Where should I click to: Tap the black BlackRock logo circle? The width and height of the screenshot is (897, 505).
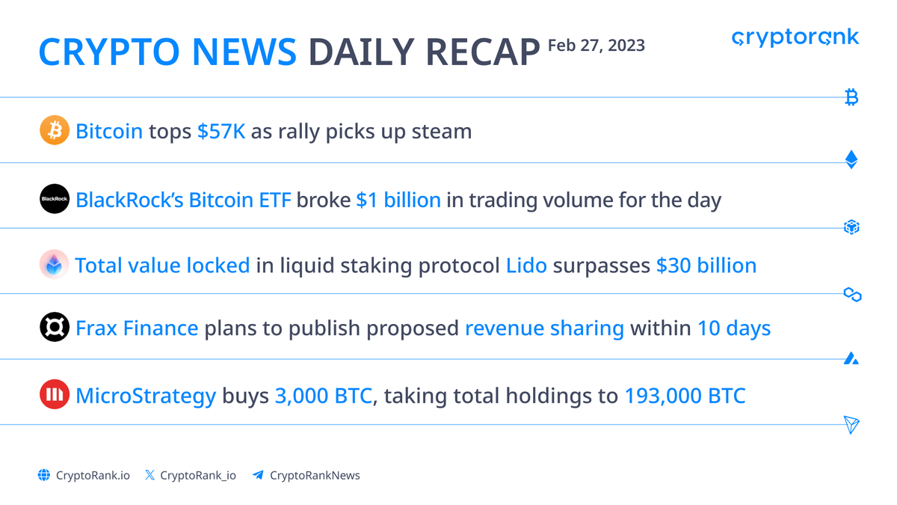click(54, 198)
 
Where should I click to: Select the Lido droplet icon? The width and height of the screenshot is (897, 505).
click(54, 265)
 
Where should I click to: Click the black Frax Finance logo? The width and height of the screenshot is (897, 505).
click(54, 328)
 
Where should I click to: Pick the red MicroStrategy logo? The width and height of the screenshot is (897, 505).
click(54, 394)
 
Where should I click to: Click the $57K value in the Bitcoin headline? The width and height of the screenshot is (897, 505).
click(221, 132)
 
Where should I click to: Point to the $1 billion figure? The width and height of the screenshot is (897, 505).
click(398, 200)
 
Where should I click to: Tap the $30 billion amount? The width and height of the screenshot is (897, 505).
click(706, 266)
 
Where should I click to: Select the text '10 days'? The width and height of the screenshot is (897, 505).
click(733, 328)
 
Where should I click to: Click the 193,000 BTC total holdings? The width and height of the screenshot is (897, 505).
click(685, 395)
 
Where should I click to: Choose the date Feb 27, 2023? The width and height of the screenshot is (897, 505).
click(597, 46)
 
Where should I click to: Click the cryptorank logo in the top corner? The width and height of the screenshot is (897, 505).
click(795, 37)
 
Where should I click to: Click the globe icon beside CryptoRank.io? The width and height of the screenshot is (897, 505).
click(44, 475)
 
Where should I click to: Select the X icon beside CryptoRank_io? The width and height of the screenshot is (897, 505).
click(149, 475)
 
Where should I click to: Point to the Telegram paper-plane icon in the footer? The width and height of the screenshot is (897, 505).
click(258, 475)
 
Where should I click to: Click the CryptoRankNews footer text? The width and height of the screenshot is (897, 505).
click(315, 475)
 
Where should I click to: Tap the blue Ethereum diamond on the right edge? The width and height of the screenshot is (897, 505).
click(851, 159)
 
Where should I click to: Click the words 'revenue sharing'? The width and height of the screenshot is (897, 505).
click(544, 328)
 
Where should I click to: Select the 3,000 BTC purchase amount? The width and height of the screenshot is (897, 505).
click(323, 395)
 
